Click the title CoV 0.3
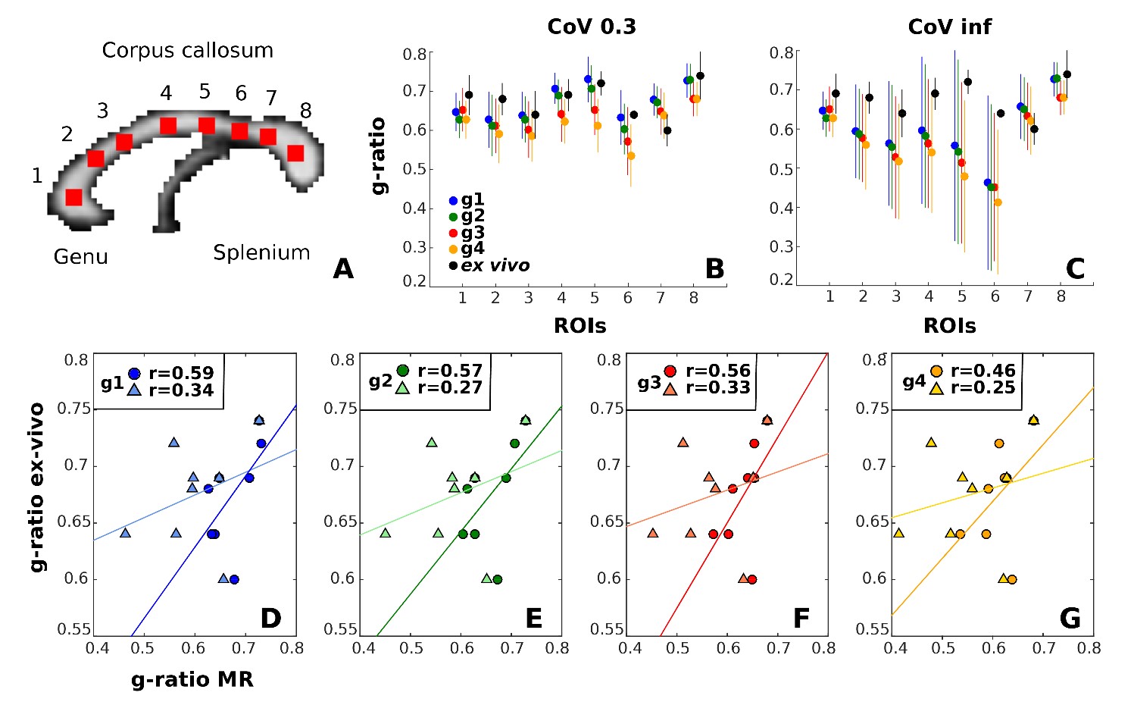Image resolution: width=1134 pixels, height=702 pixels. [592, 27]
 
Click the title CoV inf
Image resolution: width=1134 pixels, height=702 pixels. [949, 27]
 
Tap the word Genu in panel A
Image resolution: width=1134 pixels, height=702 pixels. [80, 257]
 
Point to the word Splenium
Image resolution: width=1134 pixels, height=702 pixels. [261, 253]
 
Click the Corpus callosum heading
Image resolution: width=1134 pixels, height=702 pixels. [187, 51]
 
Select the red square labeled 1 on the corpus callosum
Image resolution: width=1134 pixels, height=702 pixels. [73, 197]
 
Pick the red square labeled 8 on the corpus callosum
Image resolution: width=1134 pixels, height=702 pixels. [295, 153]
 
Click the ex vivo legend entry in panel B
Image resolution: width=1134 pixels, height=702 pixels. [494, 266]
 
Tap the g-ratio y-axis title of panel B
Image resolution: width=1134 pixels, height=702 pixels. [378, 155]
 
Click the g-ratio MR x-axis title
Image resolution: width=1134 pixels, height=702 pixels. [192, 680]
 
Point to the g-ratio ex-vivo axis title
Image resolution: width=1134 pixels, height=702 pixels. [37, 487]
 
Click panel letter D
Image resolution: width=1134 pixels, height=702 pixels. [270, 619]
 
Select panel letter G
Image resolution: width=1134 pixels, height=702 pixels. [1070, 619]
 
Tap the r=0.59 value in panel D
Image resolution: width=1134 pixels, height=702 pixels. [181, 373]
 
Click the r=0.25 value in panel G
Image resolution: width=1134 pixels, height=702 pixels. [983, 388]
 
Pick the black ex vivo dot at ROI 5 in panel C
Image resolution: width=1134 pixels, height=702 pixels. [967, 82]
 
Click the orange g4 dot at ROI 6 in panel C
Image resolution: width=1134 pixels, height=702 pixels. [998, 202]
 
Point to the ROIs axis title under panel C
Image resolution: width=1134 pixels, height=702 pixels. [949, 326]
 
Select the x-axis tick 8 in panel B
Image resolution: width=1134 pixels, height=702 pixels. [694, 299]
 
